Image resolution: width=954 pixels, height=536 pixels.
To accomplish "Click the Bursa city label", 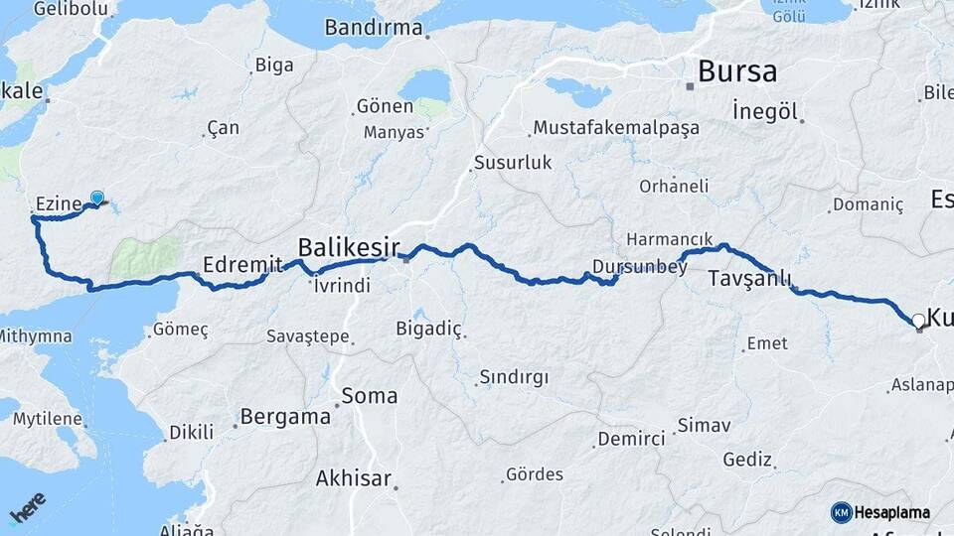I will click(737, 71).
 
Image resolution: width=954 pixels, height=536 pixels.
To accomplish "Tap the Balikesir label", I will click(349, 246).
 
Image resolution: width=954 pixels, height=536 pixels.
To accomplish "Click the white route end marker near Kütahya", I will click(917, 321).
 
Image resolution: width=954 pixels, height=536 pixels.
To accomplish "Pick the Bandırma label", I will click(374, 28).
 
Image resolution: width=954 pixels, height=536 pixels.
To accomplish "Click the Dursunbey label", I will click(633, 266).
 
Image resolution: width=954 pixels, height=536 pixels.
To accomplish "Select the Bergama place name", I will click(286, 417).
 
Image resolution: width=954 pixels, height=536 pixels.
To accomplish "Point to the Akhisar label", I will click(353, 478).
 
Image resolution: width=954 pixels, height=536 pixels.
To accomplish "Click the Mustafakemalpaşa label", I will click(616, 128).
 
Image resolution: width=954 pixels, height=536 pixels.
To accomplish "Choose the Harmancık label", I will click(669, 240).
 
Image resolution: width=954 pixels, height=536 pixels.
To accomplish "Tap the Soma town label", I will click(369, 395).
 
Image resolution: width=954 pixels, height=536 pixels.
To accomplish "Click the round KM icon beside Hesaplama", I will click(842, 512).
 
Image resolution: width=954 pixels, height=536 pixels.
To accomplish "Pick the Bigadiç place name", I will click(429, 328).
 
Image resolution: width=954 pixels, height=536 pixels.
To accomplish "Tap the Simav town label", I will click(704, 426).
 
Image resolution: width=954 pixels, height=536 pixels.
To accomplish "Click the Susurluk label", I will click(512, 162).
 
